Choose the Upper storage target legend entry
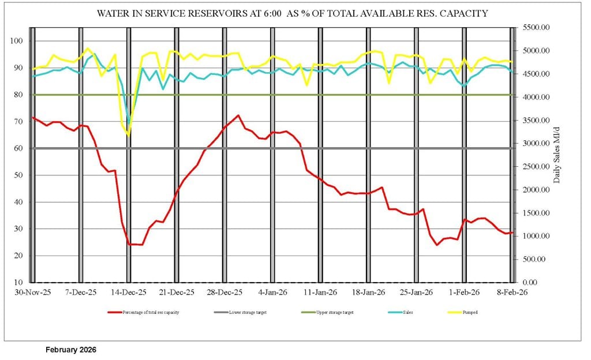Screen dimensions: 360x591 pos(335,312)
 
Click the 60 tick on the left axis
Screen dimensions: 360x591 pos(18,148)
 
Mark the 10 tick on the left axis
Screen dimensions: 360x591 pos(18,283)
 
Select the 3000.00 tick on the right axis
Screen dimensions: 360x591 pos(536,144)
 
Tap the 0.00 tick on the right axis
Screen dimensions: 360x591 pos(541,283)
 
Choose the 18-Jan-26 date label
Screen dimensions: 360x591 pos(369,292)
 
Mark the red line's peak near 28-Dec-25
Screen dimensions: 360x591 pos(238,115)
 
